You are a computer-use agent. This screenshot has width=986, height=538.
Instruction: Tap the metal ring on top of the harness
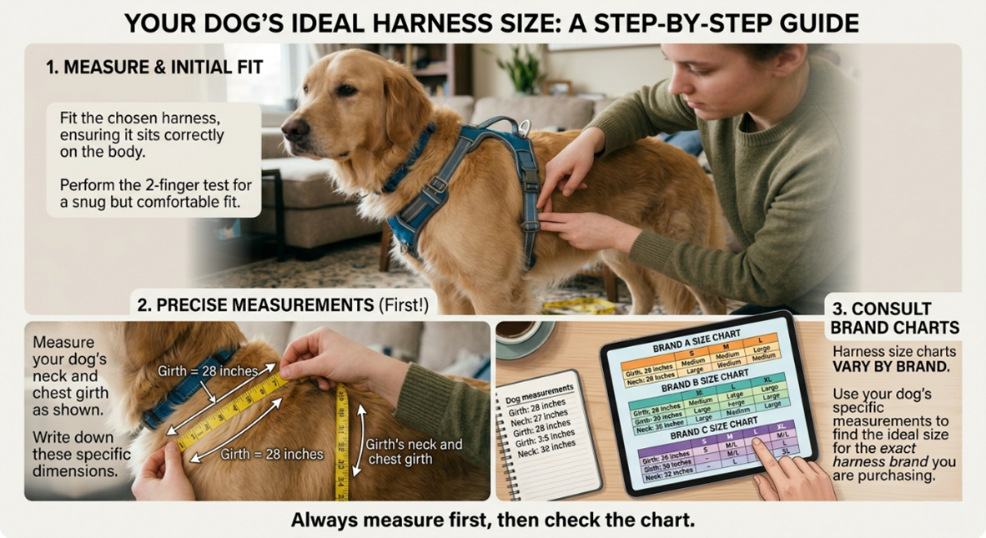(x=523, y=127)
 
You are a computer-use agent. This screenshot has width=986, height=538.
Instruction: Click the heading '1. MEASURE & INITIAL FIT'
(x=154, y=66)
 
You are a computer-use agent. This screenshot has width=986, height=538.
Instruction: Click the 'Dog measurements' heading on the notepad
(x=541, y=388)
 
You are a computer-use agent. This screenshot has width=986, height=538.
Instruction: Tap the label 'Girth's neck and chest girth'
(x=414, y=451)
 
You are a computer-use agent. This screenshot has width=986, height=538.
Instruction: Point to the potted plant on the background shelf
(x=527, y=71)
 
